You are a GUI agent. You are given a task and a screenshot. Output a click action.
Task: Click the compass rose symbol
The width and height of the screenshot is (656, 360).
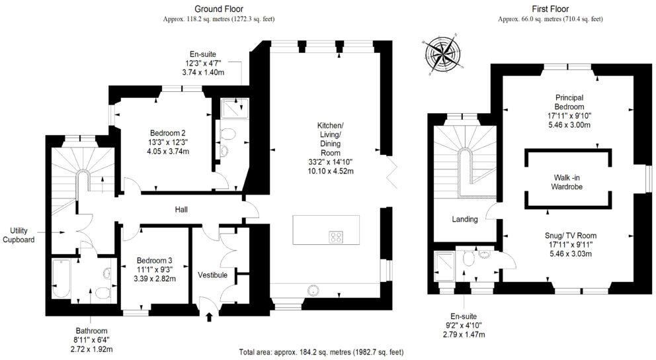(443, 54)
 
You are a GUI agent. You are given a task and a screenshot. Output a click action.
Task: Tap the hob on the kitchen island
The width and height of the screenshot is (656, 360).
(337, 237)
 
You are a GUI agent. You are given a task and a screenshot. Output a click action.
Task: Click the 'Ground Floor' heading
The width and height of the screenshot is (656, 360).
(219, 9)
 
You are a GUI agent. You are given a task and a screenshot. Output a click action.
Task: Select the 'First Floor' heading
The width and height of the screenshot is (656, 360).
(550, 9)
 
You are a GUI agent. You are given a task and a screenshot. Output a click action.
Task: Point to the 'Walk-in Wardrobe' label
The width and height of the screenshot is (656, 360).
(567, 182)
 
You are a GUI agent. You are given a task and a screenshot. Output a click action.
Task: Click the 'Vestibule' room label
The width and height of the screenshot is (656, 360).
(212, 275)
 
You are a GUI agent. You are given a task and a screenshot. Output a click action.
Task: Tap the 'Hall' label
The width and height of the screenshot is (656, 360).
(181, 209)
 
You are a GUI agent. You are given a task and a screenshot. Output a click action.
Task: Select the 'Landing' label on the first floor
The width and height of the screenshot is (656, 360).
(465, 219)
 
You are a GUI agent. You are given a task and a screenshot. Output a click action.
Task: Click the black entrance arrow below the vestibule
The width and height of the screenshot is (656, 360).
(210, 317)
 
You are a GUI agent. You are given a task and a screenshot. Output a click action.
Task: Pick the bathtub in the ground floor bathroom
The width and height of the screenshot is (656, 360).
(61, 279)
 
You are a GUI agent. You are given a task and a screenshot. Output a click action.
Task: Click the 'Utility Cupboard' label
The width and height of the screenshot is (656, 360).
(19, 235)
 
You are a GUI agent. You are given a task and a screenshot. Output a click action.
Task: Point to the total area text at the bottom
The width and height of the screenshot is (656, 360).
(321, 352)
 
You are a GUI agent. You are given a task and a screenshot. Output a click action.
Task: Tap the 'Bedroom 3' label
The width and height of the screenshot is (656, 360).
(154, 260)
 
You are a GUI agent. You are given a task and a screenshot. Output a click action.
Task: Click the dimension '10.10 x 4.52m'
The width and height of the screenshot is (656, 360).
(331, 171)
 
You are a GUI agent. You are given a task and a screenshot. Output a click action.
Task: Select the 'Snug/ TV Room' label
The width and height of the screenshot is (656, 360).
(571, 235)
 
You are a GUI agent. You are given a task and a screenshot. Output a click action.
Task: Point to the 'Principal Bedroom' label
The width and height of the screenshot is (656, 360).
(569, 102)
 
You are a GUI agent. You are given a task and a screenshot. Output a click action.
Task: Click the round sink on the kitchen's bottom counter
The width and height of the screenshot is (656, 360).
(313, 290)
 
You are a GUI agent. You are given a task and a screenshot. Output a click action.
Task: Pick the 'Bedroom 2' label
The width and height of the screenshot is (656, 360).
(168, 133)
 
